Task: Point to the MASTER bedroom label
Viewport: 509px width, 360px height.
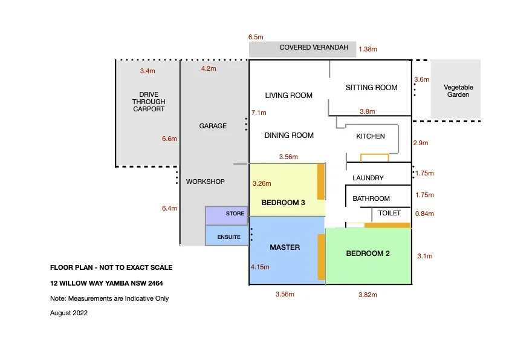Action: pyautogui.click(x=285, y=247)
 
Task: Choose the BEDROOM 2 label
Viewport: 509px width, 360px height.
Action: pyautogui.click(x=368, y=254)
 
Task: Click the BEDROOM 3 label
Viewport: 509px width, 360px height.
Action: pyautogui.click(x=283, y=203)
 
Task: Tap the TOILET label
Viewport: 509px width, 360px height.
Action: pyautogui.click(x=389, y=213)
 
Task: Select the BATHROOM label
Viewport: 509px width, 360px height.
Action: pyautogui.click(x=371, y=198)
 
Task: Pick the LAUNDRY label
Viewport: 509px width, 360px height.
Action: pyautogui.click(x=368, y=178)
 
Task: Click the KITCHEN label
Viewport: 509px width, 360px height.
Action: pyautogui.click(x=370, y=136)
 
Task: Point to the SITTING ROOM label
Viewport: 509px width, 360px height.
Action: pyautogui.click(x=371, y=88)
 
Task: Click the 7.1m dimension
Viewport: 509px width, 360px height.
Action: pyautogui.click(x=259, y=113)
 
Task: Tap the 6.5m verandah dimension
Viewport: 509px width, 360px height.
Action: pyautogui.click(x=256, y=37)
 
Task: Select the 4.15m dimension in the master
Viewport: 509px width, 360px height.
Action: pyautogui.click(x=260, y=266)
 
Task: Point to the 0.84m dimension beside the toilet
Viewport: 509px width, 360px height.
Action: pyautogui.click(x=425, y=214)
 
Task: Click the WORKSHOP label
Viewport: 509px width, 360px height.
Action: pyautogui.click(x=205, y=182)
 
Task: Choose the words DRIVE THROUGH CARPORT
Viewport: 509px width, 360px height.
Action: pyautogui.click(x=149, y=102)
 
